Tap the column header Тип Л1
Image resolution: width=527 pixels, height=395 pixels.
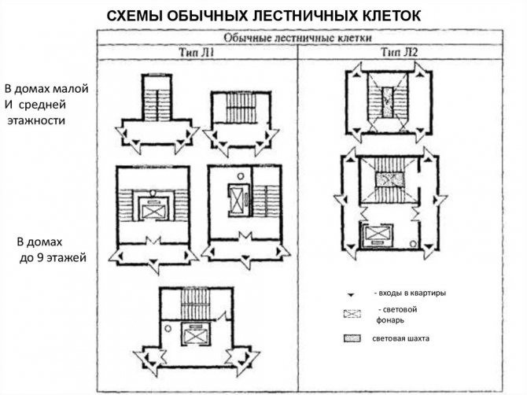pos(197,53)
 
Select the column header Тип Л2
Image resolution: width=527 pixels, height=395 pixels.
pos(400,52)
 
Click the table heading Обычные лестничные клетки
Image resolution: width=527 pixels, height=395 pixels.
pos(298,38)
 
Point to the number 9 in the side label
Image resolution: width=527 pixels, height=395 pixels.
pos(42,258)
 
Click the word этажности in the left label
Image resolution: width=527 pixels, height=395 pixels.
pos(36,120)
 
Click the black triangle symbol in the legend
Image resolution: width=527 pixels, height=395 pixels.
pos(351,295)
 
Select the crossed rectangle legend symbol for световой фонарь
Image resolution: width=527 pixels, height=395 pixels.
pos(352,314)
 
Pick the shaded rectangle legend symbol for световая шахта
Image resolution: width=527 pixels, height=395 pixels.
pos(352,338)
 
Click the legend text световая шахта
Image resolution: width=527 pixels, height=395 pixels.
pos(400,338)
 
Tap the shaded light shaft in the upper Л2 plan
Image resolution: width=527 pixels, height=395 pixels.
pos(388,102)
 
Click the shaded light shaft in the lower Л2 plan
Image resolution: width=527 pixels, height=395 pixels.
pos(390,179)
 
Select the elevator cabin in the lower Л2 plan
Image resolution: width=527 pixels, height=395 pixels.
pos(378,234)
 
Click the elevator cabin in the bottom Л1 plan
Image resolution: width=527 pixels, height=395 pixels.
pos(196,334)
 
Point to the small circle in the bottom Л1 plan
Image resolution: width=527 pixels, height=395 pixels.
pos(168,328)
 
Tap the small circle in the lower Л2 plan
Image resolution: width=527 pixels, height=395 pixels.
pos(413,244)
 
